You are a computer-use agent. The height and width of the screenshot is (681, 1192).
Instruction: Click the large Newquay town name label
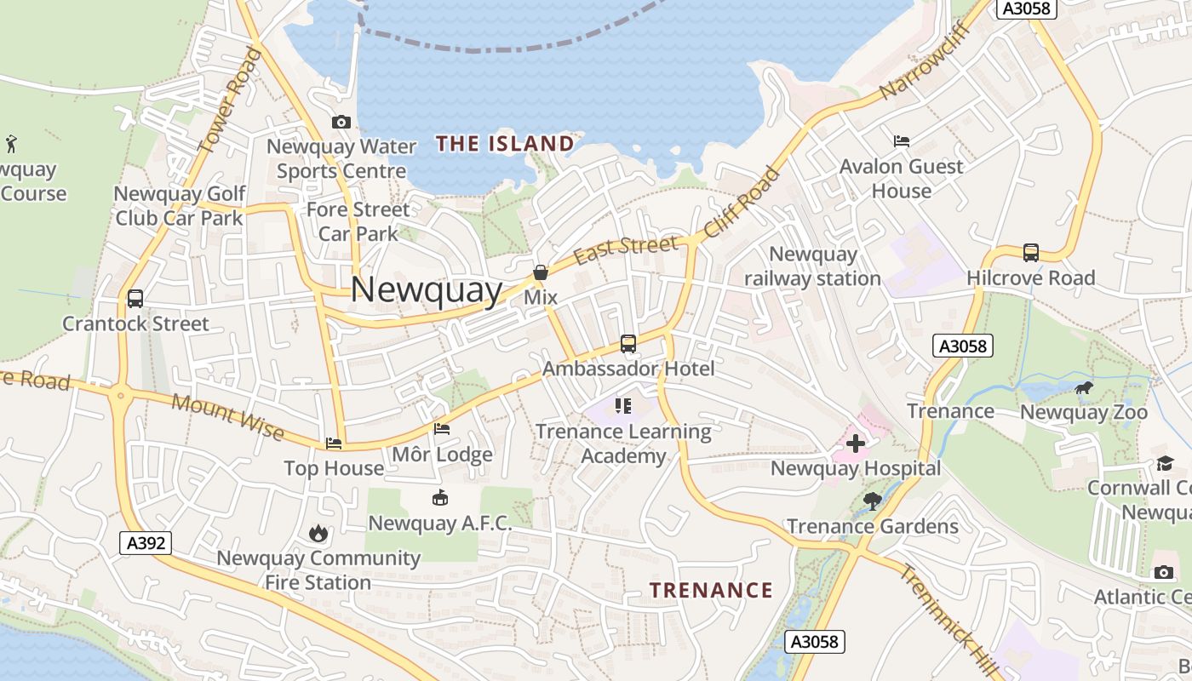coord(427,290)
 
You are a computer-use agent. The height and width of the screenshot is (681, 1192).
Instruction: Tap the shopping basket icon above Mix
coord(540,272)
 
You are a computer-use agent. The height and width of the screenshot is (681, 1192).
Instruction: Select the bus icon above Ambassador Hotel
coord(628,344)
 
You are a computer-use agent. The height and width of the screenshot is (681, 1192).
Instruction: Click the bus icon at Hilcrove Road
coord(1030,252)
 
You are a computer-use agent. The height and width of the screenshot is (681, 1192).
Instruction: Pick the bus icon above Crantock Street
coord(135,299)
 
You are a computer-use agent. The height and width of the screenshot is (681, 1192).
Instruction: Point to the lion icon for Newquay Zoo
coord(1083,389)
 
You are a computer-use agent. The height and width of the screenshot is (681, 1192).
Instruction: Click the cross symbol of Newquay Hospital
coord(856,444)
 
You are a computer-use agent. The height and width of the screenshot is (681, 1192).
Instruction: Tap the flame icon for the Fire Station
coord(318,534)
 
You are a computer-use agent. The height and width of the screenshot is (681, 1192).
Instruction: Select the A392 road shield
coord(146,543)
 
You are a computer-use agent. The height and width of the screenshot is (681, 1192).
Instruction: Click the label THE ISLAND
coord(505,144)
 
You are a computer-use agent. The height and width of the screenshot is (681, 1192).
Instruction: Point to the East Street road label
coord(627,249)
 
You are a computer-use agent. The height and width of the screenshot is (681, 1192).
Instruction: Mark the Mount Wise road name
coord(227,417)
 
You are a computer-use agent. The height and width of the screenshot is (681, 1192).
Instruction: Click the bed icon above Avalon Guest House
coord(902,140)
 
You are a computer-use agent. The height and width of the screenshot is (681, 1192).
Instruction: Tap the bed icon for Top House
coord(334,444)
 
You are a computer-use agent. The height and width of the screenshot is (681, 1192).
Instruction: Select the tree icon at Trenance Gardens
coord(872,501)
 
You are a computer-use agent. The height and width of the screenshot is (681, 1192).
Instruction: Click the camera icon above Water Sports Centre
coord(341,123)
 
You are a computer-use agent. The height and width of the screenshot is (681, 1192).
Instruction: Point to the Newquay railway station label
coord(812,266)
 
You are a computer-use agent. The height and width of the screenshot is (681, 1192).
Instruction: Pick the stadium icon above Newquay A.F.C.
coord(440,498)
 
